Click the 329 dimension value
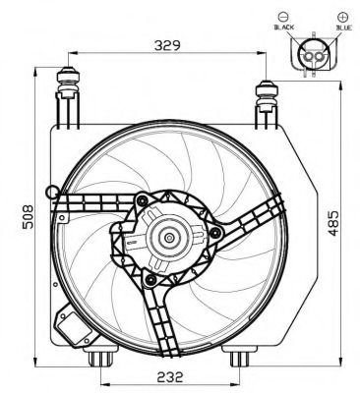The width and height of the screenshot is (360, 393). pyautogui.click(x=167, y=45)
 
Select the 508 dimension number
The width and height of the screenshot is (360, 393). pyautogui.click(x=28, y=216)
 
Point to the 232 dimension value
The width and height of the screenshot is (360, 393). pyautogui.click(x=169, y=377)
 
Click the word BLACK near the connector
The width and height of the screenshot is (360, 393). pyautogui.click(x=284, y=28)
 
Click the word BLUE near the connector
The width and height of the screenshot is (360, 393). pyautogui.click(x=344, y=28)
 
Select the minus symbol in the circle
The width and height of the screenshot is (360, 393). pyautogui.click(x=284, y=17)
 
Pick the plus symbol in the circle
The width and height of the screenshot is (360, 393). pyautogui.click(x=342, y=17)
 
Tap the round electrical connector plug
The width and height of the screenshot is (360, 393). pyautogui.click(x=314, y=55)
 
